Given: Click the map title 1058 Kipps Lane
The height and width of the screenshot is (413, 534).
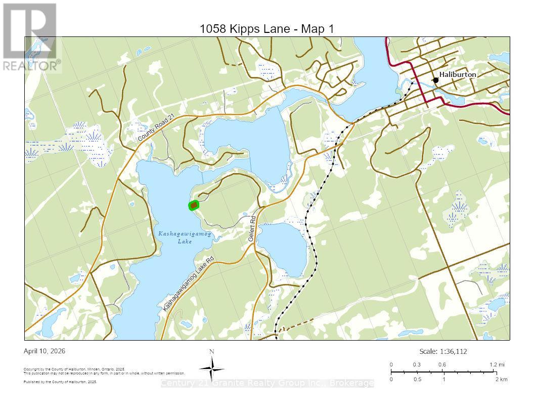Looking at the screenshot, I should point(267,29).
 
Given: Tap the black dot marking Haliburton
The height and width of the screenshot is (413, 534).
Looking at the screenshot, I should point(435,80).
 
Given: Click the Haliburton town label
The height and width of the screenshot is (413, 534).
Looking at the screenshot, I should point(457,74).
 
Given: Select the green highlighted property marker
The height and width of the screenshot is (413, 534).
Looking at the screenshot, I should point(194,205).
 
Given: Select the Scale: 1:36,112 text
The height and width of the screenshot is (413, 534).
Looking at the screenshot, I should point(447,351).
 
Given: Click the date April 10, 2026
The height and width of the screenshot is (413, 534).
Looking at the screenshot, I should point(45,351).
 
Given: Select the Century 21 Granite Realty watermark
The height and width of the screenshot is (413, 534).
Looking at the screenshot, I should point(267,383).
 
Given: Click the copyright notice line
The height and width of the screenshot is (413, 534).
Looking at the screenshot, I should point(74,369).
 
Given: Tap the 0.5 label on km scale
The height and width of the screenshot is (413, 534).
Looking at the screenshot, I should point(417,379).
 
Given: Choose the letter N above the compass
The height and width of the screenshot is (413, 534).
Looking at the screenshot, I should point(212,352).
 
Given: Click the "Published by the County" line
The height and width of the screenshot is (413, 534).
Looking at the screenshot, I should point(60,382).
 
